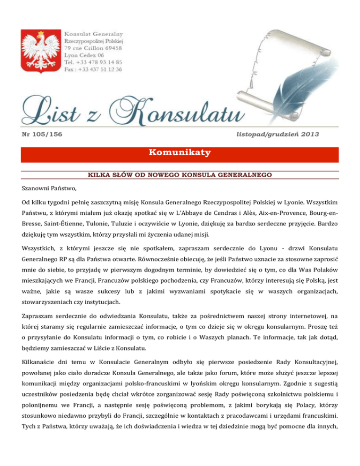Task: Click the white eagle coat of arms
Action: [40, 51]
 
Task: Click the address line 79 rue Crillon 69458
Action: [93, 48]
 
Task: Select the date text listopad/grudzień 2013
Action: [278, 135]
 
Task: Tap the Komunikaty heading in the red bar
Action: [180, 153]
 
